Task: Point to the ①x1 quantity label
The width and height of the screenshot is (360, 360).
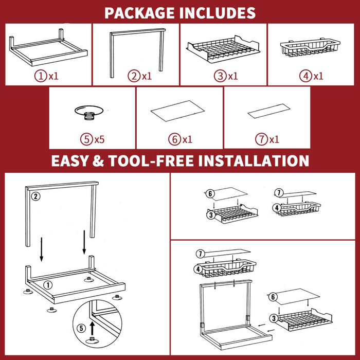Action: [x=47, y=76]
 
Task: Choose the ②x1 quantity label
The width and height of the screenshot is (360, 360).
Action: [x=139, y=76]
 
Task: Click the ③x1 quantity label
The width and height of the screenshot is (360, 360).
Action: [x=226, y=76]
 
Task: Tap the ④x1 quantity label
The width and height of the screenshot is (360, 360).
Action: [x=312, y=76]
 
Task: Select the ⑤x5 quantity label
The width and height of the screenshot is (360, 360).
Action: [x=93, y=139]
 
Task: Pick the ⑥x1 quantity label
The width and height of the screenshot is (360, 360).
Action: [x=180, y=139]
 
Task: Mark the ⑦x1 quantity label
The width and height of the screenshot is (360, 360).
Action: [x=267, y=139]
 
